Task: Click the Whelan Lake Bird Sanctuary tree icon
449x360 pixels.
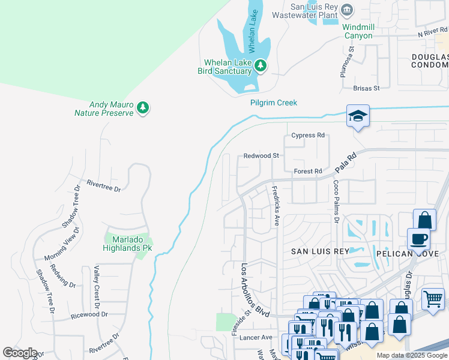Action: click(x=260, y=65)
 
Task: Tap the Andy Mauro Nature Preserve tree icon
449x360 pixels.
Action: click(x=142, y=107)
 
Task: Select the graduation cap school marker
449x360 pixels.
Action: click(x=358, y=116)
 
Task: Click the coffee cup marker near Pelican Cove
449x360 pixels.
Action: click(x=418, y=239)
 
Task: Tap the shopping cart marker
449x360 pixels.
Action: click(x=433, y=298)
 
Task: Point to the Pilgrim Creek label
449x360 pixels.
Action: click(x=274, y=103)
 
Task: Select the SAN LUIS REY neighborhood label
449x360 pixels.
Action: click(x=320, y=251)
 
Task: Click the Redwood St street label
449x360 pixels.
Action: click(x=261, y=155)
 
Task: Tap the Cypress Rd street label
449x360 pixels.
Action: click(x=307, y=136)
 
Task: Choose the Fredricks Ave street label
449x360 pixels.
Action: click(x=276, y=206)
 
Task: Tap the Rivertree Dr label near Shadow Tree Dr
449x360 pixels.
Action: click(x=104, y=185)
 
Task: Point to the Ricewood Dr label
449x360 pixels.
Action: click(x=89, y=314)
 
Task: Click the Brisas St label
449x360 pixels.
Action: click(x=366, y=88)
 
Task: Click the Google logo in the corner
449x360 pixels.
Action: click(x=20, y=353)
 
